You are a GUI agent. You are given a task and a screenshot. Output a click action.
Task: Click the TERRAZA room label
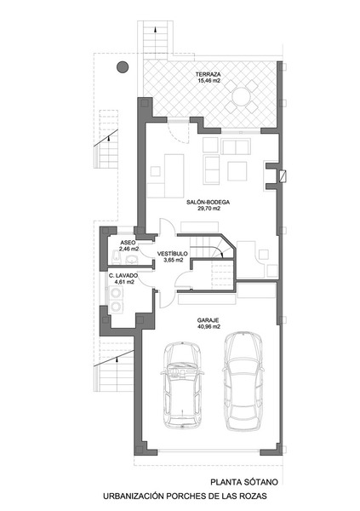pos(209,74)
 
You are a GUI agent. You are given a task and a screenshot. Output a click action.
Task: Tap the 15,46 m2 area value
pos(209,80)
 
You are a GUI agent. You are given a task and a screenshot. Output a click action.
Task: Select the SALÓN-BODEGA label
pos(209,203)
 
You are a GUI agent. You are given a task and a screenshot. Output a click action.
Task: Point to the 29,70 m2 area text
pos(209,209)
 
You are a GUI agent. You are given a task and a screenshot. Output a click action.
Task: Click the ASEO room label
pos(128,243)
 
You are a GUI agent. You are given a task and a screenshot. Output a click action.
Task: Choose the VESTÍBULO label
pos(173,254)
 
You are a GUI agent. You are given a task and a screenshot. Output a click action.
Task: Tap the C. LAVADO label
pos(123,276)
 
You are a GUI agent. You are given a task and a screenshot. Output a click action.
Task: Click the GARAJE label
pos(208,320)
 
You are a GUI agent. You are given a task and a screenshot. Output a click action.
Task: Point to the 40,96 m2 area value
pos(209,326)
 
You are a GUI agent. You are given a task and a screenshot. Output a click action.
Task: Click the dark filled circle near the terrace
pos(123,67)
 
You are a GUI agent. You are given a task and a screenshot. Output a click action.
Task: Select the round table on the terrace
pos(241,96)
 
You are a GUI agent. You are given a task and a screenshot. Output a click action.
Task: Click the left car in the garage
pos(182,385)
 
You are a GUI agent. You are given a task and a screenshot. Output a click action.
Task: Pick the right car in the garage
pos(243,381)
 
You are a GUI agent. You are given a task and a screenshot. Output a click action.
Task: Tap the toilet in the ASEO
pos(117,257)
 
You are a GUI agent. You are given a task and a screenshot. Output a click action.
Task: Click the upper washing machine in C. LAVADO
pos(116,293)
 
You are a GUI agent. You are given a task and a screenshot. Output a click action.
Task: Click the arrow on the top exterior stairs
pos(156,29)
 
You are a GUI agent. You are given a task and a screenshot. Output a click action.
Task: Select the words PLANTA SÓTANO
pos(244,482)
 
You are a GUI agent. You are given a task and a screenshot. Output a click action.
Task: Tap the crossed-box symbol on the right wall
pos(283,176)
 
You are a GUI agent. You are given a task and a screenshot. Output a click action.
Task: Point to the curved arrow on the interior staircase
pos(217,251)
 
